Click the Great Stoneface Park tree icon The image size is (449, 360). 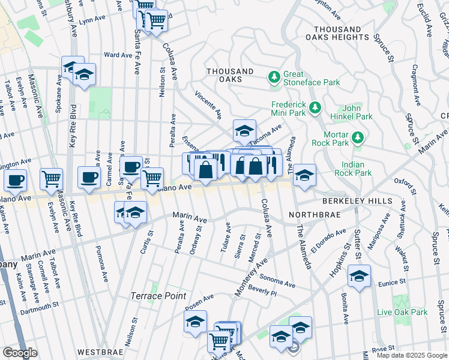(x=274, y=76)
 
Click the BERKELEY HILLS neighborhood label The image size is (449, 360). (x=356, y=201)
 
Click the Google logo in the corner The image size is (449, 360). (x=20, y=353)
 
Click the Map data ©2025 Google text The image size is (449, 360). (x=412, y=355)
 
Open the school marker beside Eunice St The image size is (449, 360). (x=359, y=276)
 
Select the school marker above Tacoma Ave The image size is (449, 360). (x=244, y=130)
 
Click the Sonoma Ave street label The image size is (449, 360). (x=277, y=279)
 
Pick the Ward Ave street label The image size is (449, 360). (x=118, y=55)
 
